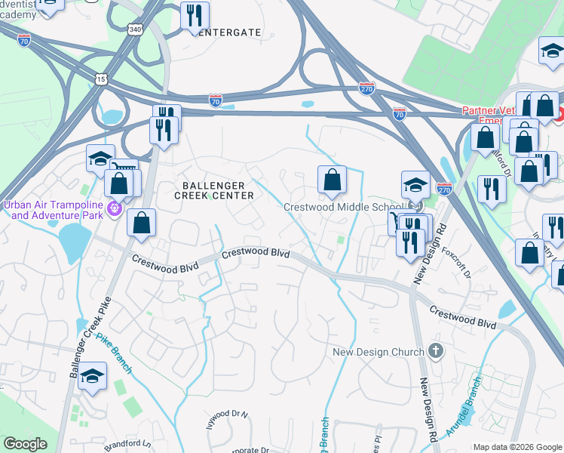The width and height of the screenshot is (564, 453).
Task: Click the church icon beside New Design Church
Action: (x=436, y=351)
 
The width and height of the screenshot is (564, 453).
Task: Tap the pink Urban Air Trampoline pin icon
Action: (x=115, y=208)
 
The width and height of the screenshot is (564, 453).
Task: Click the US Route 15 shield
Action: (x=101, y=79)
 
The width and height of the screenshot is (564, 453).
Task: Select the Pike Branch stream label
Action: (x=115, y=355)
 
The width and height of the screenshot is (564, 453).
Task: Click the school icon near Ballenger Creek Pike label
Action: (x=92, y=375)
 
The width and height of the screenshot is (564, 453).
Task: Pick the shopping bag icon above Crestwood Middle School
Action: (x=332, y=180)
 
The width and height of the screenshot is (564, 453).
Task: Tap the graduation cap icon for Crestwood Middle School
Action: (x=415, y=185)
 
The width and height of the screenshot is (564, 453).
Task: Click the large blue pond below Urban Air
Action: (x=74, y=241)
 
